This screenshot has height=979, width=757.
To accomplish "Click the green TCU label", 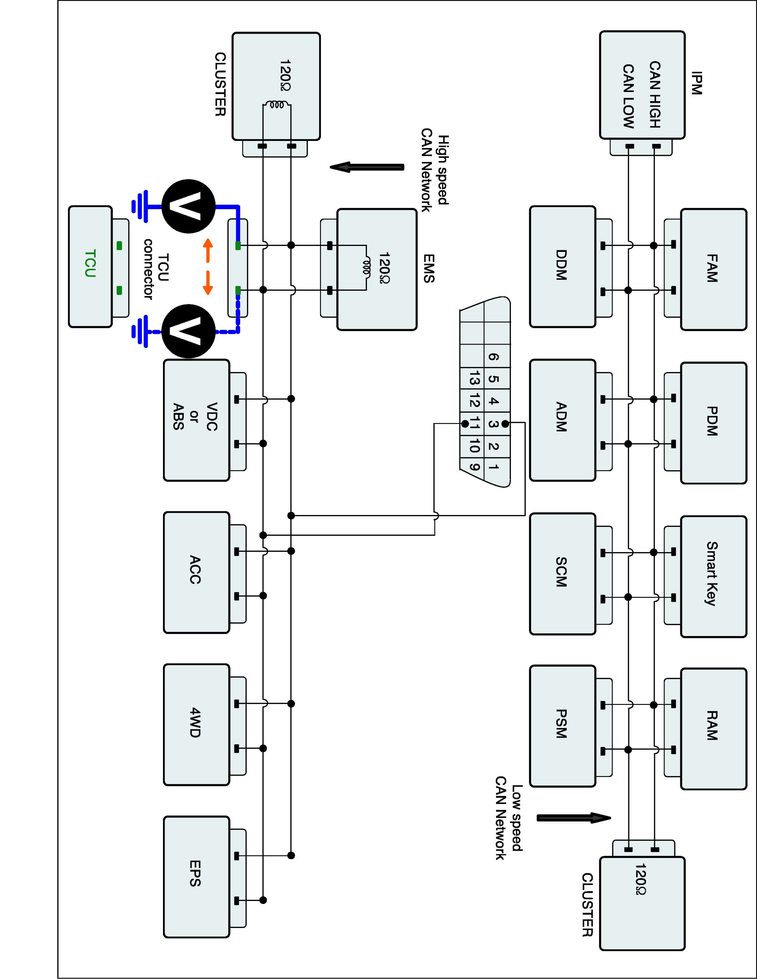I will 90,264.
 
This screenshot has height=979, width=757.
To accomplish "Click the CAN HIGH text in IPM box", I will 655,95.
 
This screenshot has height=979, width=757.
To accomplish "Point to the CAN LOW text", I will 628,96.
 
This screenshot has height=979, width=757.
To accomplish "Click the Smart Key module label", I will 712,573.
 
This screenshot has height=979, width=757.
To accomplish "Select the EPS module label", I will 195,873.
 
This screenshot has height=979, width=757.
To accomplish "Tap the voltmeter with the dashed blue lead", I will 188,331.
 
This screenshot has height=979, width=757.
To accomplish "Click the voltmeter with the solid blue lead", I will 188,206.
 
